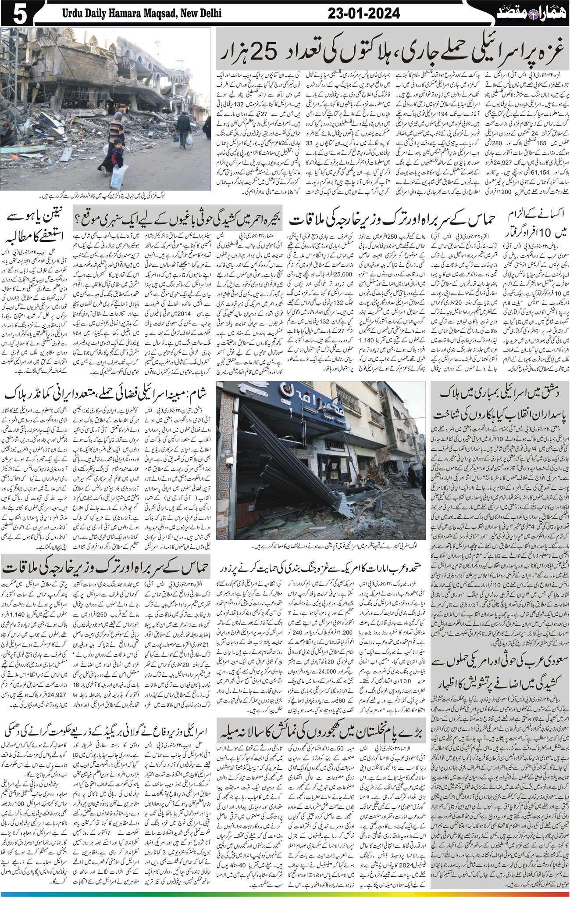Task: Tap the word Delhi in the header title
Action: click(x=207, y=14)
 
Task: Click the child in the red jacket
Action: click(x=117, y=154)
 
